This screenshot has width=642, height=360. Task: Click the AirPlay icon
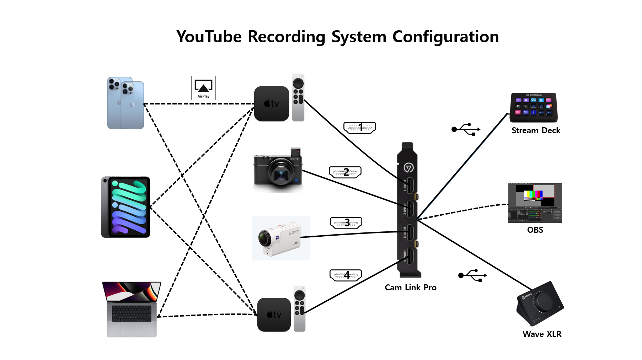pyautogui.click(x=203, y=87)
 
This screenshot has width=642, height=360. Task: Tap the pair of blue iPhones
pyautogui.click(x=125, y=103)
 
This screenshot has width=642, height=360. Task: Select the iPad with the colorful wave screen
pyautogui.click(x=126, y=207)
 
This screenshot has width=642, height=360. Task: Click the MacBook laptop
pyautogui.click(x=132, y=309)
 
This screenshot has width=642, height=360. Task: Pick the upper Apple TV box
pyautogui.click(x=272, y=104)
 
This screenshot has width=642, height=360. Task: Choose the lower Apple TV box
pyautogui.click(x=274, y=315)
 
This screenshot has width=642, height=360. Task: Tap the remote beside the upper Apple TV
pyautogui.click(x=298, y=97)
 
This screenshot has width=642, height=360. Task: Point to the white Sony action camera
pyautogui.click(x=280, y=238)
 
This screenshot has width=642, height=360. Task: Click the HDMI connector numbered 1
pyautogui.click(x=360, y=128)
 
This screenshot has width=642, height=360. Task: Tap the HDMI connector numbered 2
pyautogui.click(x=345, y=172)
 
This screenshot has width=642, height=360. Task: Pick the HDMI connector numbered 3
pyautogui.click(x=346, y=223)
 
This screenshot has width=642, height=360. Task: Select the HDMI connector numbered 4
pyautogui.click(x=346, y=275)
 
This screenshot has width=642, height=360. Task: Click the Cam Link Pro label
pyautogui.click(x=411, y=288)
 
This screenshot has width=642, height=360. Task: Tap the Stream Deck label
pyautogui.click(x=536, y=130)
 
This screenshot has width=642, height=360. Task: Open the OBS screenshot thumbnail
pyautogui.click(x=535, y=202)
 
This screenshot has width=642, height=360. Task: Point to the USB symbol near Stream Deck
pyautogui.click(x=466, y=129)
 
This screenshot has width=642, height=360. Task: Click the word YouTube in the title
pyautogui.click(x=209, y=37)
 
